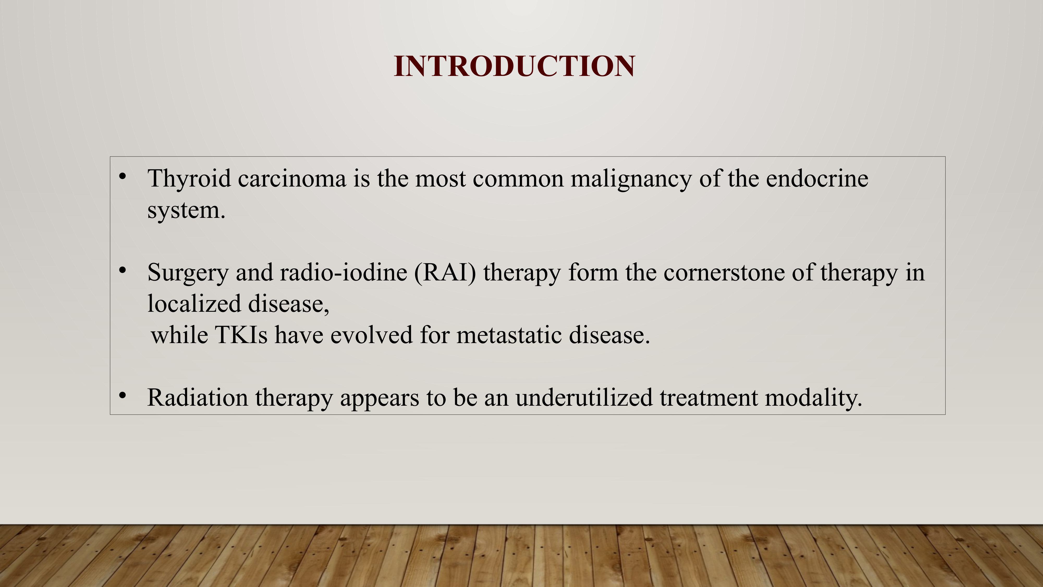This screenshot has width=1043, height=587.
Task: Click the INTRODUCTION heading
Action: tap(514, 66)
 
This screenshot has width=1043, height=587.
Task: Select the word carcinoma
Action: tap(292, 179)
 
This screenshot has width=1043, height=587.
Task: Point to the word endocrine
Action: tap(817, 179)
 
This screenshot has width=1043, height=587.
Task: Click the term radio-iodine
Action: tap(343, 272)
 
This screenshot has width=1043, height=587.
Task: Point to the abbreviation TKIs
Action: tap(241, 335)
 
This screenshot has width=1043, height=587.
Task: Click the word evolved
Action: tap(371, 335)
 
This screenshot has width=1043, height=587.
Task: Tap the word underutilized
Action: tap(584, 397)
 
